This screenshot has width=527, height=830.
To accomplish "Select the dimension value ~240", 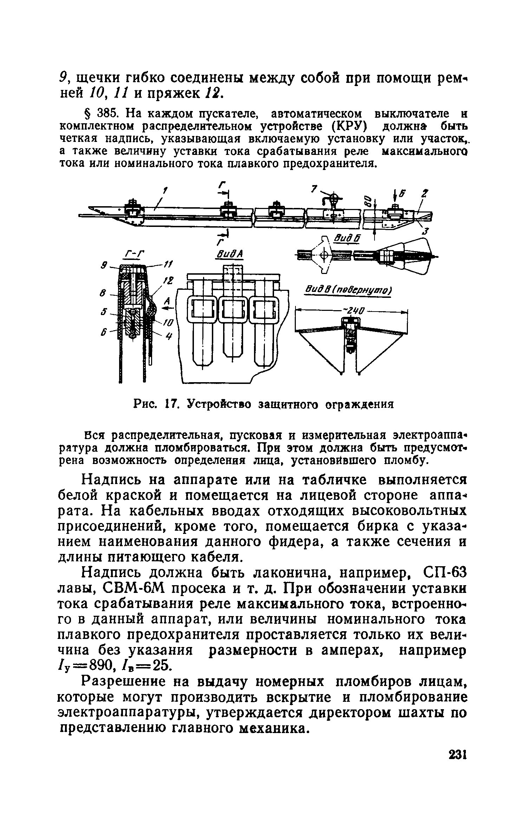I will [353, 311].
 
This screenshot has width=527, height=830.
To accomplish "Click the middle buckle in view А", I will [233, 309].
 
